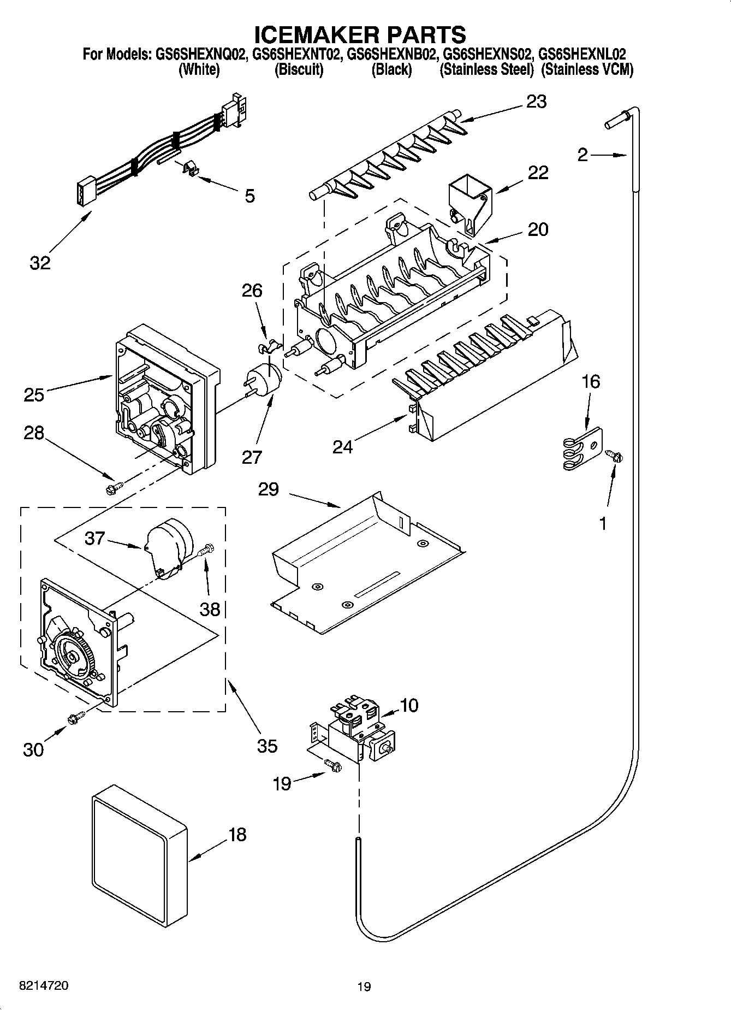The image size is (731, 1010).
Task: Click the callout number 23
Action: (x=536, y=102)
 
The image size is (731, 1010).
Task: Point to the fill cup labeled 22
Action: (x=469, y=203)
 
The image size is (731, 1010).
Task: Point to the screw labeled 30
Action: (x=75, y=718)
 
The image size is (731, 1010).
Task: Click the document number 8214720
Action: (x=44, y=985)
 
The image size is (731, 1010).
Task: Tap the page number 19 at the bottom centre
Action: (x=364, y=987)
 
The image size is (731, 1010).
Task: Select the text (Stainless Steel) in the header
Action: (x=486, y=70)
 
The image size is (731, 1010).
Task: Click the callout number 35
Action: (x=267, y=746)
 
